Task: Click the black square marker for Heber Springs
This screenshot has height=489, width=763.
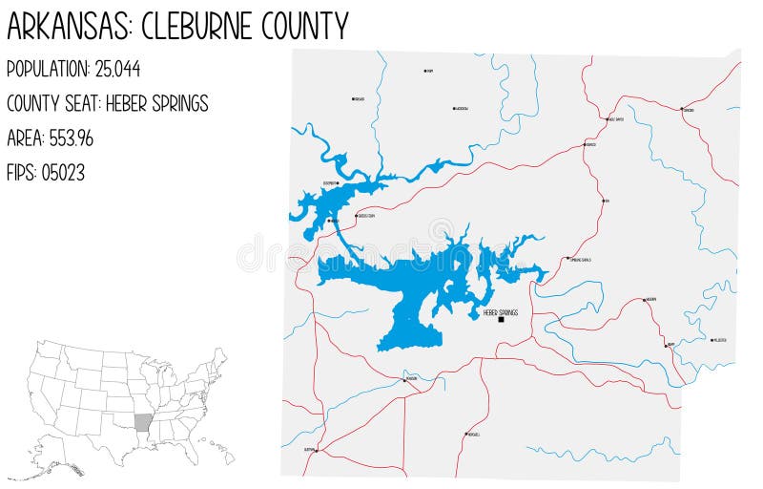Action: (501, 320)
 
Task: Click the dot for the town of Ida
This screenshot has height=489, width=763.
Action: (603, 201)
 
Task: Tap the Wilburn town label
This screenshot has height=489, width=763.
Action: (651, 300)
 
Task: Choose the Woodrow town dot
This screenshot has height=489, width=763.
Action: (453, 108)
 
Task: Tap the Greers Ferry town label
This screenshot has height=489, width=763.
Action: (366, 217)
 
